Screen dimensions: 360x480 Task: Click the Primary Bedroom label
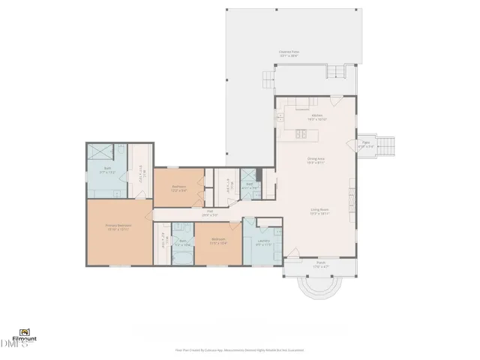[x=118, y=226]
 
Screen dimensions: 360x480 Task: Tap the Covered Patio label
[x=289, y=54]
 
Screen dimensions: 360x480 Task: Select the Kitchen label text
[x=316, y=117]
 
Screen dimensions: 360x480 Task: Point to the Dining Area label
[x=316, y=160]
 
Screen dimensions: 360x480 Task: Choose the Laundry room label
[x=262, y=241]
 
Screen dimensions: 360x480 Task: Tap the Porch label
[x=320, y=264]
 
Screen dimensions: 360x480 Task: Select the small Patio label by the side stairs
[x=366, y=143]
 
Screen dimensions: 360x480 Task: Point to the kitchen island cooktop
[x=301, y=134]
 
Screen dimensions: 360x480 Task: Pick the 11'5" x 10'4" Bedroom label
[x=218, y=241]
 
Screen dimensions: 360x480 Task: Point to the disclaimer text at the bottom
[x=239, y=349]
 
